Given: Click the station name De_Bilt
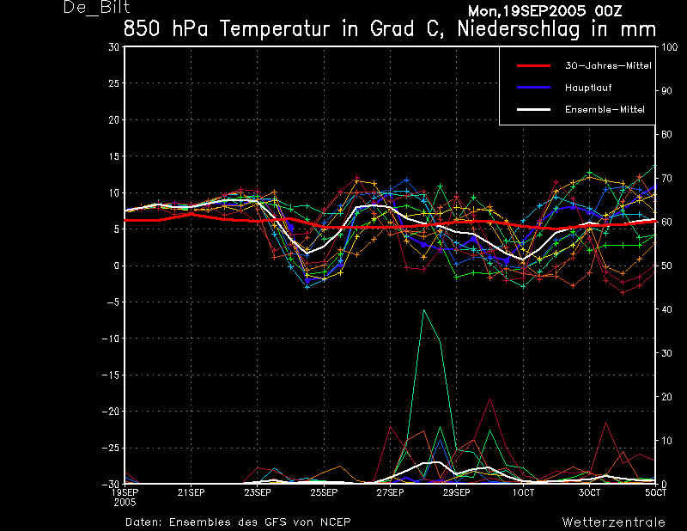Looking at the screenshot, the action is coord(96,7).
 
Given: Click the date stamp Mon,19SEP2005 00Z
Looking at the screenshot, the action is coord(545,10).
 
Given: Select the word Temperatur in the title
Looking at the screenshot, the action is coord(275,29).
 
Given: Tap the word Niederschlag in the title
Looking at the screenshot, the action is coord(519,30).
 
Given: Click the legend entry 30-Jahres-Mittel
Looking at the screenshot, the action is coord(608,66).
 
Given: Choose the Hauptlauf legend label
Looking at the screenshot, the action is coord(588,88).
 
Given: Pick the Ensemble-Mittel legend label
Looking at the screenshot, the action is coord(605,110).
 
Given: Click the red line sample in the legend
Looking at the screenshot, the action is coord(533,66).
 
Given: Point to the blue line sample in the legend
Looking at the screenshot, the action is coord(533,88).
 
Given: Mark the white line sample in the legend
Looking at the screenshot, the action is coord(533,110).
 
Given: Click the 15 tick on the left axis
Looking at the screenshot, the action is coord(113,156).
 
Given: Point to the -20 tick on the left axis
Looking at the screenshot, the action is coord(111,412).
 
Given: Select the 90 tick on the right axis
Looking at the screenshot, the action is coord(666,91).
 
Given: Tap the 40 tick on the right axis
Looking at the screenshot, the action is coord(666,309).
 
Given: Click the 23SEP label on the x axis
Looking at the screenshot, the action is coord(257,493).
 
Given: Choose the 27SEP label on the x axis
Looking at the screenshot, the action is coord(390,493).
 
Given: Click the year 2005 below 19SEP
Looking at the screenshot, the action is coord(125,503).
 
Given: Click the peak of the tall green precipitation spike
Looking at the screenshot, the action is coord(423,310).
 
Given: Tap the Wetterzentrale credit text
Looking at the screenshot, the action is coord(613,522).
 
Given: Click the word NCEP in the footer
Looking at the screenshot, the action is coord(335,522).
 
